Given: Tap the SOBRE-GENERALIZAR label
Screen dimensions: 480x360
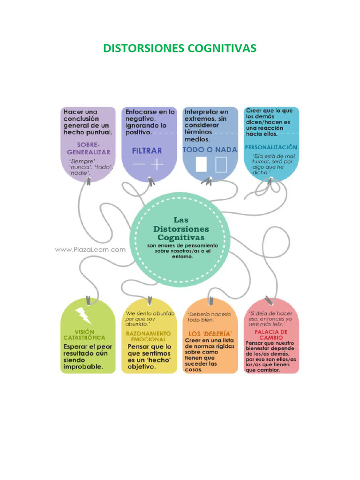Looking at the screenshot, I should click(89, 149).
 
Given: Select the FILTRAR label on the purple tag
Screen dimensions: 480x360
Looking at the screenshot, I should click(147, 150).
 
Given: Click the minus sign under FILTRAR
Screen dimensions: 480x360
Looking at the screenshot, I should click(139, 165).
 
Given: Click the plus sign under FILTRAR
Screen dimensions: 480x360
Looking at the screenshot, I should click(157, 165).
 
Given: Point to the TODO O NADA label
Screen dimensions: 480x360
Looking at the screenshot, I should click(210, 150).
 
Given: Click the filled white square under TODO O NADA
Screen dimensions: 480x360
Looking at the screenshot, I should click(201, 165).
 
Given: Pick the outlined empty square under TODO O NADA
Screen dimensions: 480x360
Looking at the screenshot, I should click(221, 165).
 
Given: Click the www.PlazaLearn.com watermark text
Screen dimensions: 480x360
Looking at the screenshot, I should click(90, 250).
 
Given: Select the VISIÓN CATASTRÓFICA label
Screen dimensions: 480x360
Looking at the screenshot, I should click(84, 334).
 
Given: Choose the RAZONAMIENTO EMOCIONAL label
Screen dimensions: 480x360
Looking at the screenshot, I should click(146, 336).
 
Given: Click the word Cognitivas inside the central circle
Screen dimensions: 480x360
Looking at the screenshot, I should click(181, 238).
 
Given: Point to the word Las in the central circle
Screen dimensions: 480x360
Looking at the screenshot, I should click(181, 219).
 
